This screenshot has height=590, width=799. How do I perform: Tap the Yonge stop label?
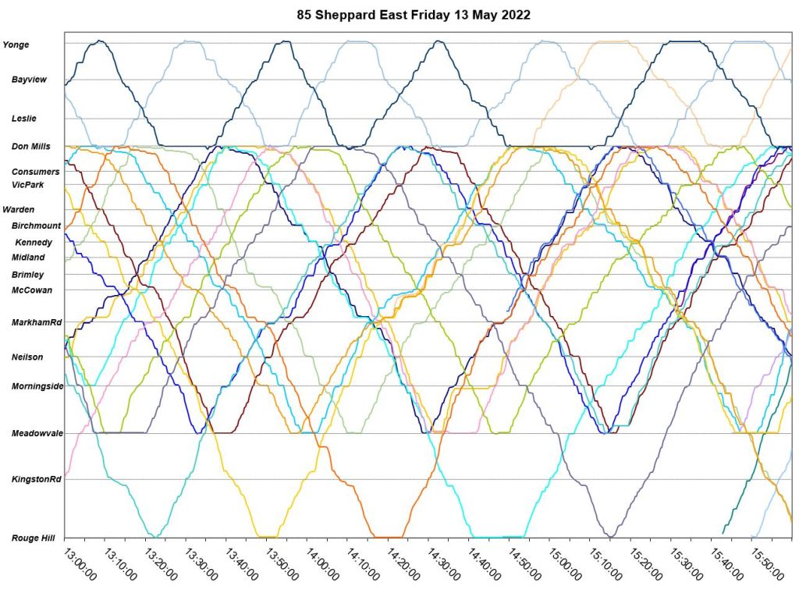pyautogui.click(x=16, y=45)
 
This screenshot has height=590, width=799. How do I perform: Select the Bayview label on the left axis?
pyautogui.click(x=27, y=80)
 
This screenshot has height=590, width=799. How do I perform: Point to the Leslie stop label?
pyautogui.click(x=26, y=119)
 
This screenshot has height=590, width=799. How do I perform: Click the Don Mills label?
pyautogui.click(x=30, y=146)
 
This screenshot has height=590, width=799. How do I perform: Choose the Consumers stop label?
pyautogui.click(x=35, y=172)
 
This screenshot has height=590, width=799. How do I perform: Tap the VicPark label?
pyautogui.click(x=28, y=185)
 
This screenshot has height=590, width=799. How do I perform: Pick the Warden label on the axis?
pyautogui.click(x=19, y=210)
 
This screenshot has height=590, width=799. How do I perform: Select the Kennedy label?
pyautogui.click(x=34, y=243)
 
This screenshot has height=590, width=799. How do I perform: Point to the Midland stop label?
pyautogui.click(x=28, y=258)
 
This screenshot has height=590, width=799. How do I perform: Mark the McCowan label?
pyautogui.click(x=30, y=290)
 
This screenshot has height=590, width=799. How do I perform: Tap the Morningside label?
pyautogui.click(x=37, y=386)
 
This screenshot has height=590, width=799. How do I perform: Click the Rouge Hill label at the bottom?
pyautogui.click(x=32, y=538)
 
